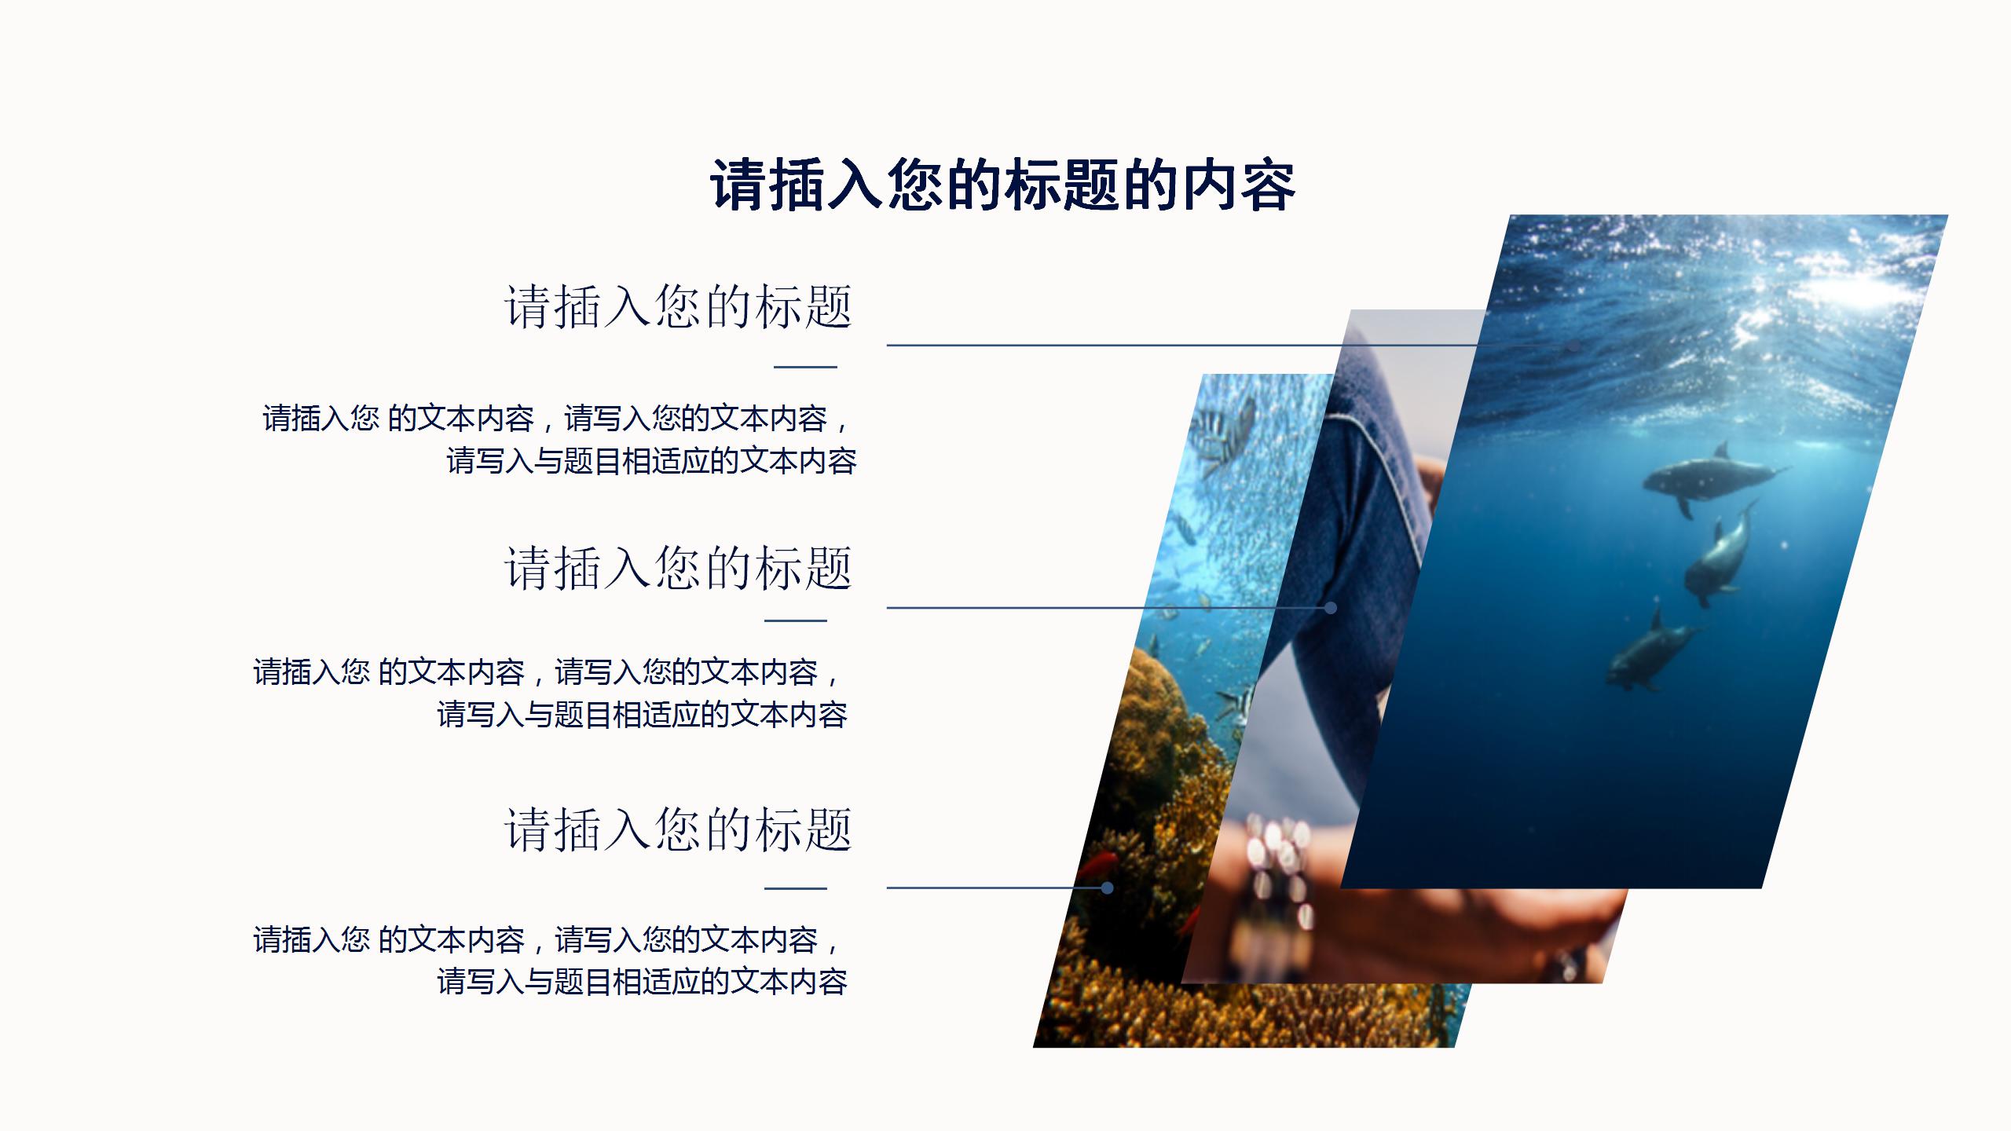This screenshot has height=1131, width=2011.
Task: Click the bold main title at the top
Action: click(x=1002, y=185)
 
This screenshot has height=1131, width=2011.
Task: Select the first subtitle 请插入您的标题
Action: click(x=678, y=306)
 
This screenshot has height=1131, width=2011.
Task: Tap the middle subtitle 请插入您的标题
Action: click(x=678, y=568)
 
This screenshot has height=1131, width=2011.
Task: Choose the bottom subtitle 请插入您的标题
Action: click(x=678, y=829)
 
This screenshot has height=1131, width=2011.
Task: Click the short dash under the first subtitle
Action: click(x=805, y=366)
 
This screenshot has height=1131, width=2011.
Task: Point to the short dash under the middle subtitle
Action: click(x=796, y=620)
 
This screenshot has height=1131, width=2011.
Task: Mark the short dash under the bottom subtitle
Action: click(x=796, y=888)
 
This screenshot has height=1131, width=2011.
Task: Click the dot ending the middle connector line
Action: click(x=1330, y=608)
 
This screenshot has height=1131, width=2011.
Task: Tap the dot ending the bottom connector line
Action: click(x=1107, y=888)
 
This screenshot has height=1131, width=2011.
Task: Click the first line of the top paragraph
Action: click(x=556, y=419)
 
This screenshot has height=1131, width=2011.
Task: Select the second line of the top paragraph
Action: click(x=651, y=461)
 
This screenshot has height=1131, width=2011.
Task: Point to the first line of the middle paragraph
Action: click(x=547, y=672)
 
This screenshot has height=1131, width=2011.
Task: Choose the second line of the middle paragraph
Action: click(x=642, y=715)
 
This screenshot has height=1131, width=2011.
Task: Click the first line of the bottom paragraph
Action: click(x=547, y=940)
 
